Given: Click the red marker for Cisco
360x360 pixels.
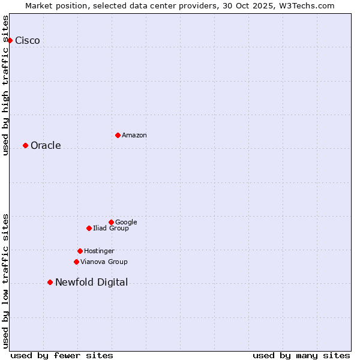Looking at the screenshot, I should pos(10,40).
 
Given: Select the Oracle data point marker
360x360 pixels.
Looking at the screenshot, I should pos(25,145).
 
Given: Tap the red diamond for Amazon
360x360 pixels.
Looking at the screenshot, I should pos(118,135).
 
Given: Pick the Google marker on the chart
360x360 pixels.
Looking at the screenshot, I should pos(111,222).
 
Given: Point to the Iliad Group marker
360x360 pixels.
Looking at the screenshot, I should pos(89,228).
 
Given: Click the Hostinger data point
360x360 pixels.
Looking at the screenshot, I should pos(80,251).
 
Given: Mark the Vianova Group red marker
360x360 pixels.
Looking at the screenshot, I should pos(76,262).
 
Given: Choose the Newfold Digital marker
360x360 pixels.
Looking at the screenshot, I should pos(50,282).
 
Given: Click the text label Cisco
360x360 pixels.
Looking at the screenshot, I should pos(28,41).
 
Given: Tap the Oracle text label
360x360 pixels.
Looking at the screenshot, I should pos(46,146).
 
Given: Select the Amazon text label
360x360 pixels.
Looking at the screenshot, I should pos(134,136).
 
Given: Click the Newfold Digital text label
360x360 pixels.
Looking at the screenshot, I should pos(91,283).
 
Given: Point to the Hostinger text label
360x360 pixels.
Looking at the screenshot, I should pos(99,251).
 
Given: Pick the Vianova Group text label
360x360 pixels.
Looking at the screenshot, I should pos(104,262).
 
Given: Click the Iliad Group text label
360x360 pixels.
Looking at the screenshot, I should pos(110,228).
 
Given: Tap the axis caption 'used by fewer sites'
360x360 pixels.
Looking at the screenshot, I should pos(62,355).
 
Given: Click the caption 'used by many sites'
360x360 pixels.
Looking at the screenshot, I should pos(301,355).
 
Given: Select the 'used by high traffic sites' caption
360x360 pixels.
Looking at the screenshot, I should pos(5,85).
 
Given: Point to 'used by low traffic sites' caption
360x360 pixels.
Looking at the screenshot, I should pos(5,281).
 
